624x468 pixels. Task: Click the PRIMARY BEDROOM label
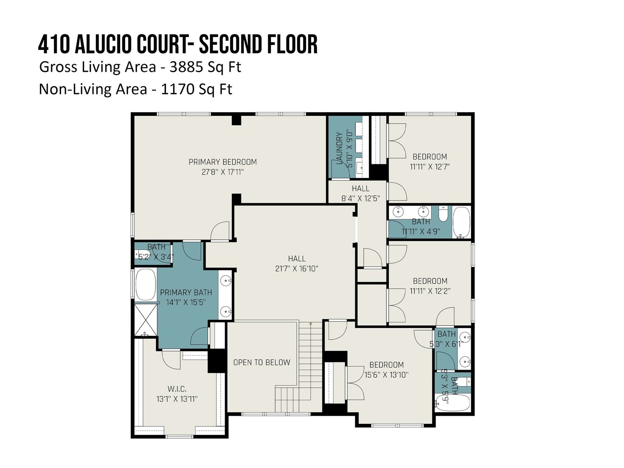point(223,162)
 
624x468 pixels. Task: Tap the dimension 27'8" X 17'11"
point(223,172)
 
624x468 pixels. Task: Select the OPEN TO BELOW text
point(262,362)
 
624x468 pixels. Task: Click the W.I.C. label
point(177,389)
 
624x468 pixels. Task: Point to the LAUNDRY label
point(339,148)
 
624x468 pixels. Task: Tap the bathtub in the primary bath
point(145,284)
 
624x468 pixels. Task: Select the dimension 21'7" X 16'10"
point(296,269)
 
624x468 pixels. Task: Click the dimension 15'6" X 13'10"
point(386,375)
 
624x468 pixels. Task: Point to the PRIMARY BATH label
point(186,292)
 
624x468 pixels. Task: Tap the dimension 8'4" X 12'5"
point(360,199)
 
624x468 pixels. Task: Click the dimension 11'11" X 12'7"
point(429,167)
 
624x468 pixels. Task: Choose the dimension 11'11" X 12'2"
point(430,291)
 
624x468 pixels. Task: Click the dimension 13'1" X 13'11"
point(177,399)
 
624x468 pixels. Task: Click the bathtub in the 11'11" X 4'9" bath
point(461,222)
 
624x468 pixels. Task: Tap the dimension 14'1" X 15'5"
point(186,302)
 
